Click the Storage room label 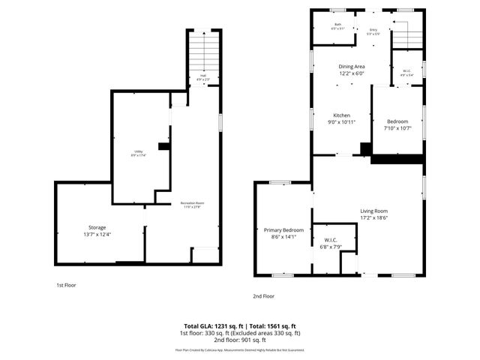97,227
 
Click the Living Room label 373,211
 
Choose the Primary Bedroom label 283,229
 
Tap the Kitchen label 342,115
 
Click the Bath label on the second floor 337,25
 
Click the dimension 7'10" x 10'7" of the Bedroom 397,128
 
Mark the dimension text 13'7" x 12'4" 97,235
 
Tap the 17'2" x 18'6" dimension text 373,218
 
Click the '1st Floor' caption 66,285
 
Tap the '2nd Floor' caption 263,296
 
